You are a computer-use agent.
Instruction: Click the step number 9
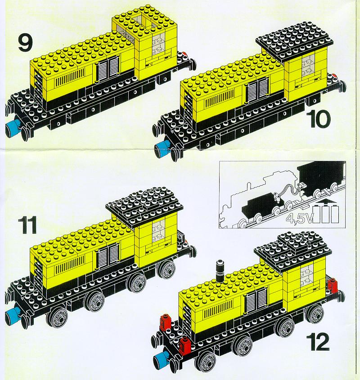point(25,43)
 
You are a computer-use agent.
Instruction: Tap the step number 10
point(318,120)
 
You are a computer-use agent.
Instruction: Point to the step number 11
point(27,225)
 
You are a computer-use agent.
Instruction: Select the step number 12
point(318,342)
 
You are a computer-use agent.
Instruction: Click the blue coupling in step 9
point(13,126)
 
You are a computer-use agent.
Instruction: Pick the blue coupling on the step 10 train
point(162,148)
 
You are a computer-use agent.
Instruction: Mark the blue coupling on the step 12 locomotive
point(162,359)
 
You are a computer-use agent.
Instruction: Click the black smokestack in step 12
point(220,272)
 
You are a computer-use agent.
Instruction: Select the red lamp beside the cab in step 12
point(333,286)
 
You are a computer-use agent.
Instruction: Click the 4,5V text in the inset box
point(299,218)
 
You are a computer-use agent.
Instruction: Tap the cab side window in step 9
point(158,43)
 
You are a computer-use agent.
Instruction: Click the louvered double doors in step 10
point(257,90)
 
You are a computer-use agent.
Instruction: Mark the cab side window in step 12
point(306,277)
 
